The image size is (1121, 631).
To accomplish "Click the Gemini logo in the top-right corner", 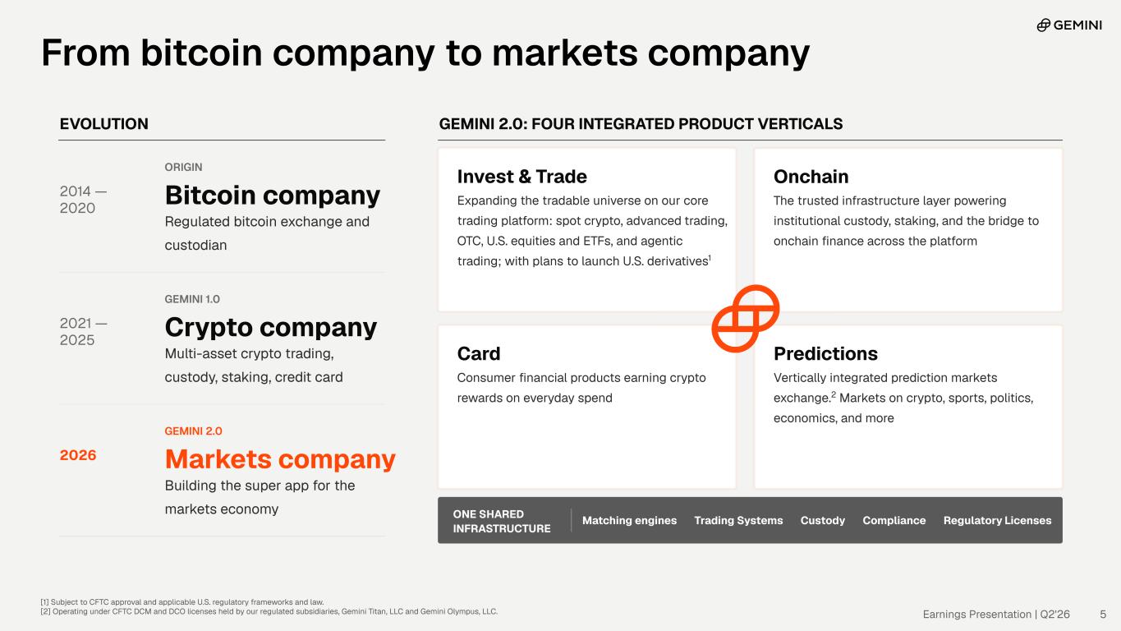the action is point(1069,25).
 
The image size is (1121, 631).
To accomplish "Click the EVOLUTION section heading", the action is point(104,124).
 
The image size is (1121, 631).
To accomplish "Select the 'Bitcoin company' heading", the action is point(273,196).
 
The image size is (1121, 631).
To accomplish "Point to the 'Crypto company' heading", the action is point(271,328).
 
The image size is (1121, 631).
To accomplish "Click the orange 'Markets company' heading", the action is point(280,459).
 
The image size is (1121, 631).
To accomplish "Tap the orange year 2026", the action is point(78,455).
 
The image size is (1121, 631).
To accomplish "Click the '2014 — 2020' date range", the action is point(83,200).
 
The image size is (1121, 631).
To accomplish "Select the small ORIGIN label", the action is point(184,168).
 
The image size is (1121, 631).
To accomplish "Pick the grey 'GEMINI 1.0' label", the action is point(192,299).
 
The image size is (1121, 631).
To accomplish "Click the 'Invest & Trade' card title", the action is point(522,177).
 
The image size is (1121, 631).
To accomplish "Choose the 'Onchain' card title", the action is point(811,177).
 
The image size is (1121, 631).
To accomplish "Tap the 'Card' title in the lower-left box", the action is point(479,353).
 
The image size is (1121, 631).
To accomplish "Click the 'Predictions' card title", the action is point(825,353).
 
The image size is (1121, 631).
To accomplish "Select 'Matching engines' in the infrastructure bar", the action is point(629,520).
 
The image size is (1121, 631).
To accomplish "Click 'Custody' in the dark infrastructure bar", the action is point(823,520).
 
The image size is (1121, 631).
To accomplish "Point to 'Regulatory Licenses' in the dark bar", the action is point(997,520).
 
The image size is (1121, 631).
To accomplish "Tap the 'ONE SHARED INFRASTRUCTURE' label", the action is point(502,522).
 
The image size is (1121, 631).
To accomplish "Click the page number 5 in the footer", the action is point(1103,614).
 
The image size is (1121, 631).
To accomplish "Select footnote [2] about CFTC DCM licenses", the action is point(269,611).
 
